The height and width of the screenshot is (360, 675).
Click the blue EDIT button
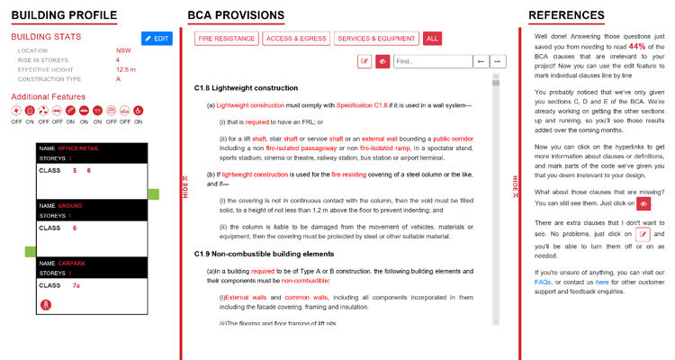click(x=157, y=39)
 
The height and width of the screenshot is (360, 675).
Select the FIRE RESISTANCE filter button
click(x=226, y=39)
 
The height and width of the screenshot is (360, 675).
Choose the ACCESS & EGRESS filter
click(x=296, y=39)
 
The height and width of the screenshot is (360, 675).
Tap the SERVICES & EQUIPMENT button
click(x=376, y=39)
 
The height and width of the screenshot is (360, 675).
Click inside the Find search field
click(x=432, y=61)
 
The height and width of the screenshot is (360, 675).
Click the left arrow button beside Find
click(x=481, y=61)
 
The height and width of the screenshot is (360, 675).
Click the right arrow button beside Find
click(x=498, y=61)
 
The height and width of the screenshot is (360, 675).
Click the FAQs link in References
click(x=543, y=282)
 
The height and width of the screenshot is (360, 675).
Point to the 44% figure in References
click(x=637, y=46)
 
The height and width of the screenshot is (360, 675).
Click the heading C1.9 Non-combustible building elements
click(x=259, y=254)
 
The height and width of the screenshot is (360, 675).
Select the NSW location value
click(x=123, y=50)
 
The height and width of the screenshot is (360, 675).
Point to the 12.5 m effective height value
click(x=126, y=69)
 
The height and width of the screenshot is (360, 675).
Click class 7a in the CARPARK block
click(x=76, y=285)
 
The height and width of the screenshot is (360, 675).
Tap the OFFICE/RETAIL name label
click(x=78, y=147)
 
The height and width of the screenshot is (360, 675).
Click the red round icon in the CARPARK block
click(x=46, y=304)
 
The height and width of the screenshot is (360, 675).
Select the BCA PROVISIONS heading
click(x=235, y=15)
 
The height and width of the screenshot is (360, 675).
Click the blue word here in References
click(x=601, y=282)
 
